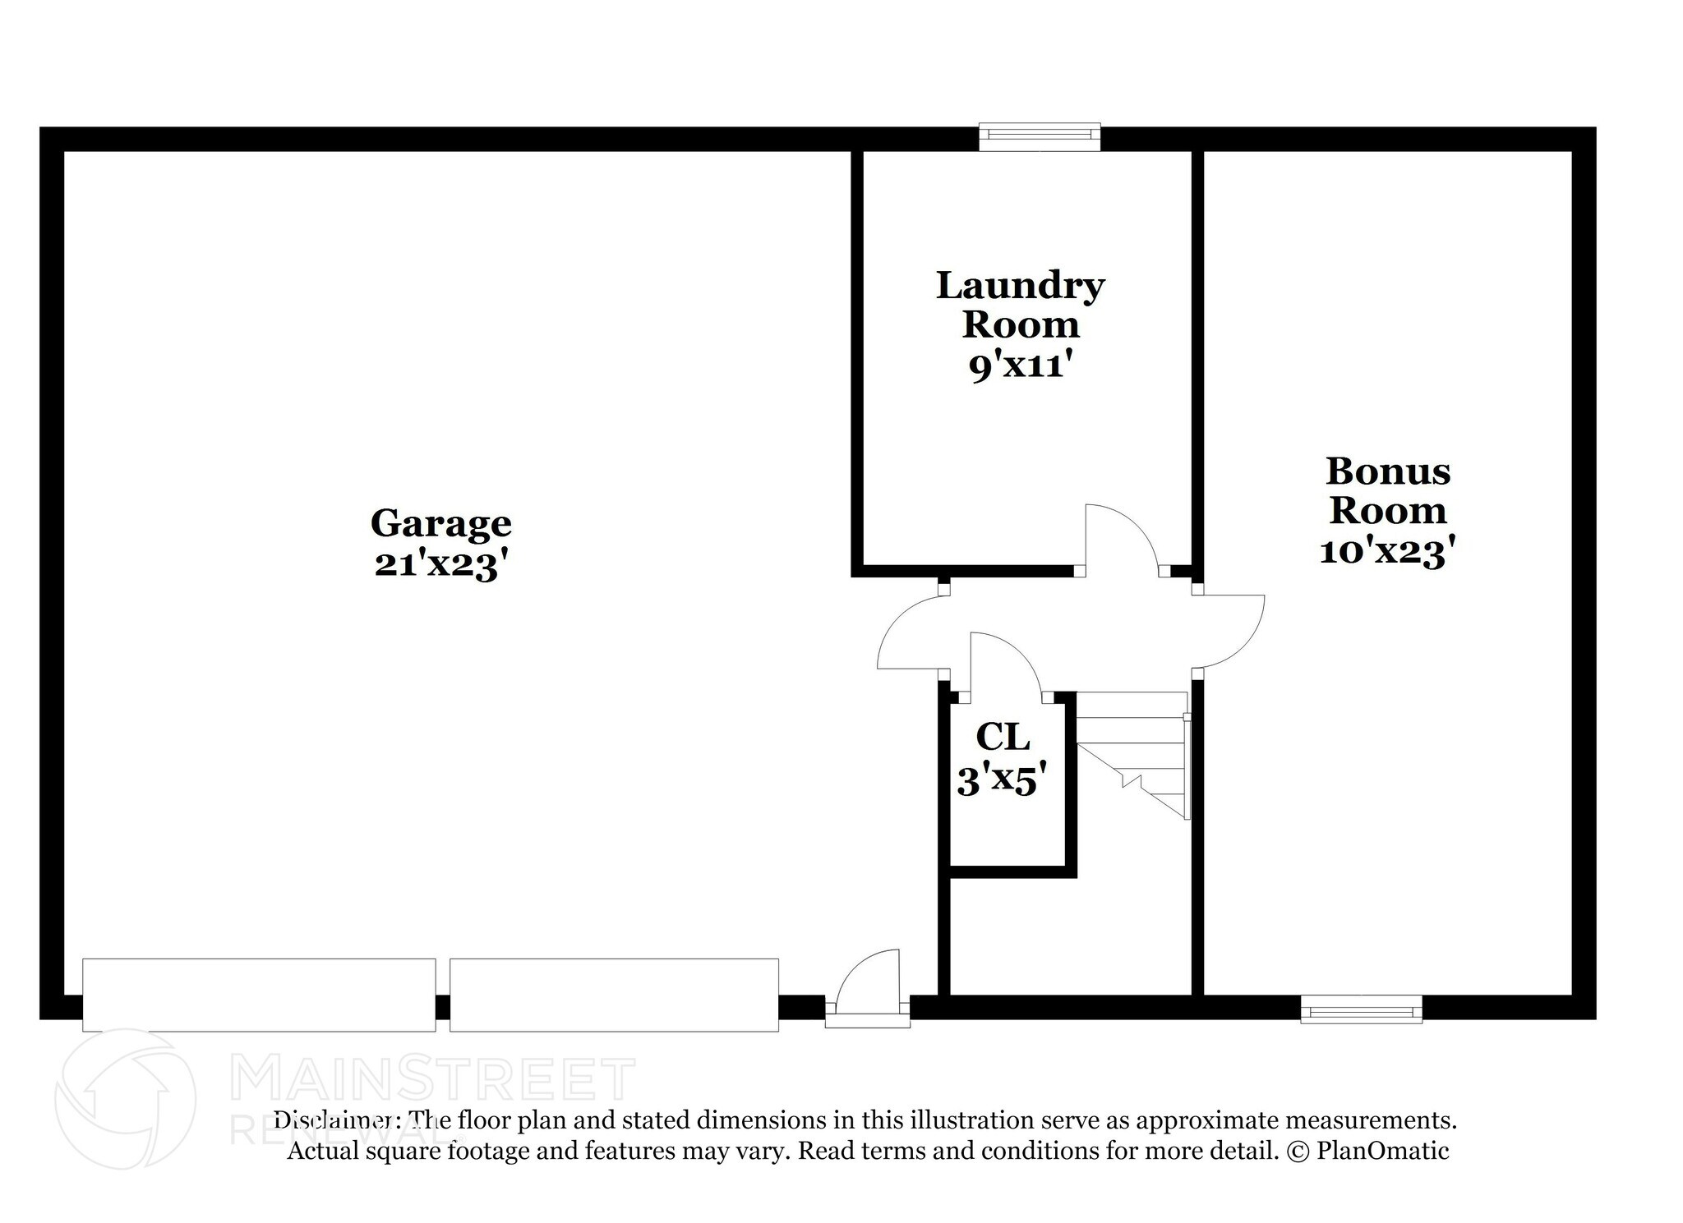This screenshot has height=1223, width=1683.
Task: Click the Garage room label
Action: pyautogui.click(x=440, y=523)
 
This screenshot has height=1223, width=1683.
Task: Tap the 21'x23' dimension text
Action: pyautogui.click(x=436, y=564)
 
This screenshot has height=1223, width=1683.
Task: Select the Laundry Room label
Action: pyautogui.click(x=1020, y=305)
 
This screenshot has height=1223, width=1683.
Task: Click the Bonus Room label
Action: pyautogui.click(x=1387, y=490)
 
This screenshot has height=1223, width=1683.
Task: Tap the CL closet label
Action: pyautogui.click(x=1003, y=737)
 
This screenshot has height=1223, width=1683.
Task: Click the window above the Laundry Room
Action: pyautogui.click(x=1039, y=137)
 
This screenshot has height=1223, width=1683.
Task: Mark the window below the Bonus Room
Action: pyautogui.click(x=1361, y=1009)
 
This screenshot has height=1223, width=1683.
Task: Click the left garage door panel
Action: pyautogui.click(x=259, y=995)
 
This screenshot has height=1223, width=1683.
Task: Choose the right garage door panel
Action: pyautogui.click(x=614, y=995)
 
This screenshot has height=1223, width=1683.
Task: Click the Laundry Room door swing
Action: pyautogui.click(x=1119, y=538)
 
